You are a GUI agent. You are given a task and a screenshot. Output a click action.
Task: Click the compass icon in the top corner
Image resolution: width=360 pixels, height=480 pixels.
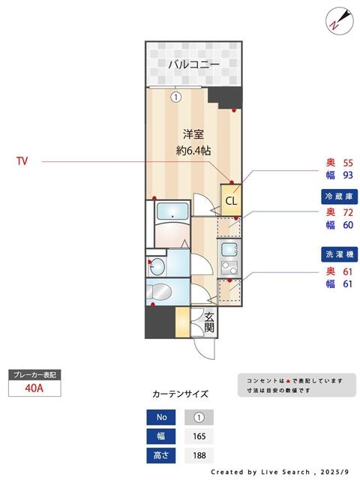pos(339,20)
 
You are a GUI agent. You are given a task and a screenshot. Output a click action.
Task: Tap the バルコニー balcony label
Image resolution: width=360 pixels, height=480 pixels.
pos(193,64)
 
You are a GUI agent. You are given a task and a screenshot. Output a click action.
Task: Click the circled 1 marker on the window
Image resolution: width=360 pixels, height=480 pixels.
pos(175,97)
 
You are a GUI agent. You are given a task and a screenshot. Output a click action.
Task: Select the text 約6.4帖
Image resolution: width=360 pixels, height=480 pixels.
pos(193,150)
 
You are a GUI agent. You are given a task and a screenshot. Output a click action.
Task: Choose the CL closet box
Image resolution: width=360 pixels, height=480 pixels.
pos(231,200)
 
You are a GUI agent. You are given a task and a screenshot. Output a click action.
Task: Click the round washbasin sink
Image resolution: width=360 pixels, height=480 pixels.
pos(157,266)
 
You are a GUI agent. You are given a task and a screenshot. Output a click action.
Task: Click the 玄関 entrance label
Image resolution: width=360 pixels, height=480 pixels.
pos(210,322)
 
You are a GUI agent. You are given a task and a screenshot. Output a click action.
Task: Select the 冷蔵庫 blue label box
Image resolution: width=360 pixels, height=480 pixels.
pos(338,196)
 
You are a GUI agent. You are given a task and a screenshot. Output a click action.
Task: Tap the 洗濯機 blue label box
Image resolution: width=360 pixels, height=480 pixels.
pos(338,255)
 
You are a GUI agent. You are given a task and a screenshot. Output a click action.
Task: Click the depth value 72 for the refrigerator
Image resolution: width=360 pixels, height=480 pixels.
pos(347,211)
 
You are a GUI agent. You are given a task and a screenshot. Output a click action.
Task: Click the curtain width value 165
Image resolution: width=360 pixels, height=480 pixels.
pos(199,436)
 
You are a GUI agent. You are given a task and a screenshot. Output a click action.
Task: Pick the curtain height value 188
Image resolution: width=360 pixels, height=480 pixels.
pos(199,454)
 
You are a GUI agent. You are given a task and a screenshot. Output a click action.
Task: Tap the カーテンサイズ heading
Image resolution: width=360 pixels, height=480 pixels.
pos(180,394)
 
